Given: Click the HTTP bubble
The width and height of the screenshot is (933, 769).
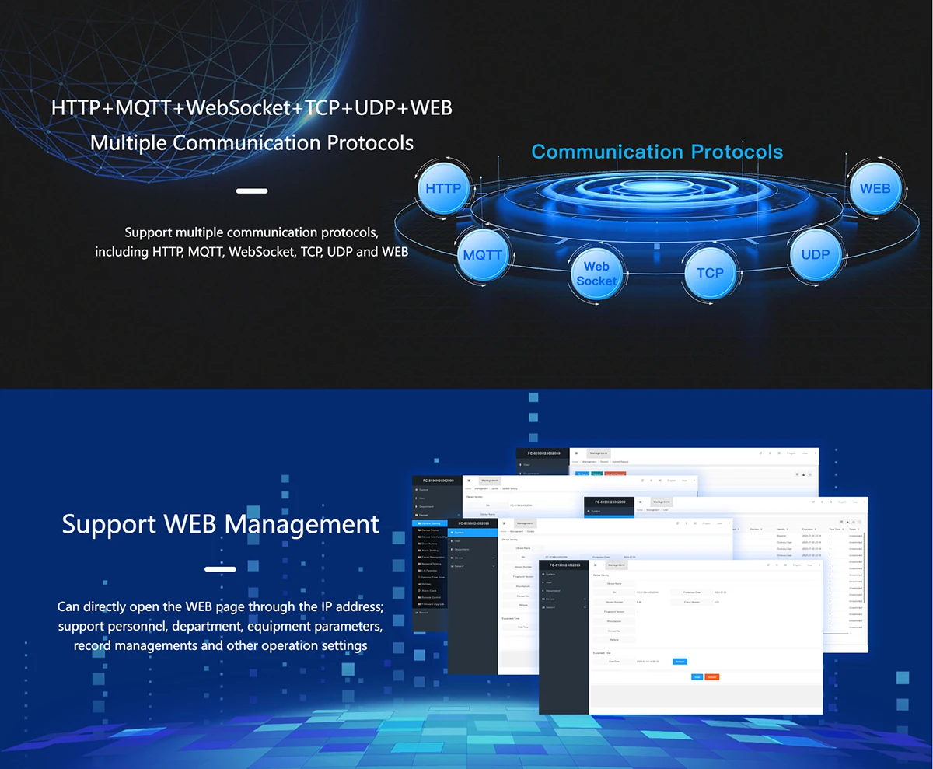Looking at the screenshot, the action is click(443, 188).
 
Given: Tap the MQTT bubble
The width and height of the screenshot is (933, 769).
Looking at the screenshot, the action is click(483, 255).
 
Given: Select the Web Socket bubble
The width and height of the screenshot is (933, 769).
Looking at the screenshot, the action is click(596, 274).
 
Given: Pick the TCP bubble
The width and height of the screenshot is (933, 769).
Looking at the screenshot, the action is click(710, 273).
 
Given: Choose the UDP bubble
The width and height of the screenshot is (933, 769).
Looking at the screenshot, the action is click(816, 254).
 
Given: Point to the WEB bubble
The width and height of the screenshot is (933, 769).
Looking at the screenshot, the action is click(875, 188).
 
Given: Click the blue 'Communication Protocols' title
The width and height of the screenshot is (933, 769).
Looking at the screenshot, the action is click(657, 152).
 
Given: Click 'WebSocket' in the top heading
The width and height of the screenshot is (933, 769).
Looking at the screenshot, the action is click(239, 107).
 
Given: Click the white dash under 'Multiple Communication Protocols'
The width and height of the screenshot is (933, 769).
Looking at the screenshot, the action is click(252, 191).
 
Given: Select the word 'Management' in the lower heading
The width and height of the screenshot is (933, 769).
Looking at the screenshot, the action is click(302, 524).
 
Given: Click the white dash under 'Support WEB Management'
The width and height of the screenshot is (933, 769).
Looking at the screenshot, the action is click(220, 569).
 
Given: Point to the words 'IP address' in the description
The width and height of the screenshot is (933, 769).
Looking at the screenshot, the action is click(348, 606).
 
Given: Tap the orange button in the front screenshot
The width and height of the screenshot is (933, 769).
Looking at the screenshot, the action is click(711, 676).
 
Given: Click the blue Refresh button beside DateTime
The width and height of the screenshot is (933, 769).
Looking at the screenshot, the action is click(680, 662).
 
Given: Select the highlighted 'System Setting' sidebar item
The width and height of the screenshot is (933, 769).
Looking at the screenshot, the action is click(430, 523).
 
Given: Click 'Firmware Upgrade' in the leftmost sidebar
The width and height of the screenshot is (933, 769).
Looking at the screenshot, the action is click(432, 603).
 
